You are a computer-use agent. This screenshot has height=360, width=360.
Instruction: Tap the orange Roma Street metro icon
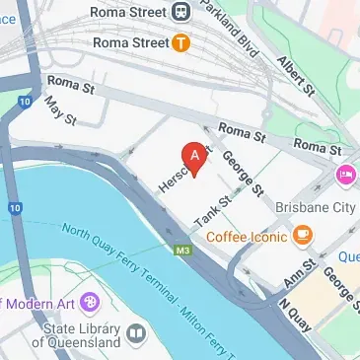[180, 42]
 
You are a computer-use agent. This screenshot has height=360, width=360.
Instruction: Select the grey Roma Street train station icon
[180, 11]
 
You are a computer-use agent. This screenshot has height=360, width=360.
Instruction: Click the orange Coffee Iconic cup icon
[302, 236]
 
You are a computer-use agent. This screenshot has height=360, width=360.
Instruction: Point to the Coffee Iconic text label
[247, 236]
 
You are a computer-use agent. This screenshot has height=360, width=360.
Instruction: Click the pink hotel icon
[346, 176]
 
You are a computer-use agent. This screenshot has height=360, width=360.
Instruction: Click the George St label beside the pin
[243, 174]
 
